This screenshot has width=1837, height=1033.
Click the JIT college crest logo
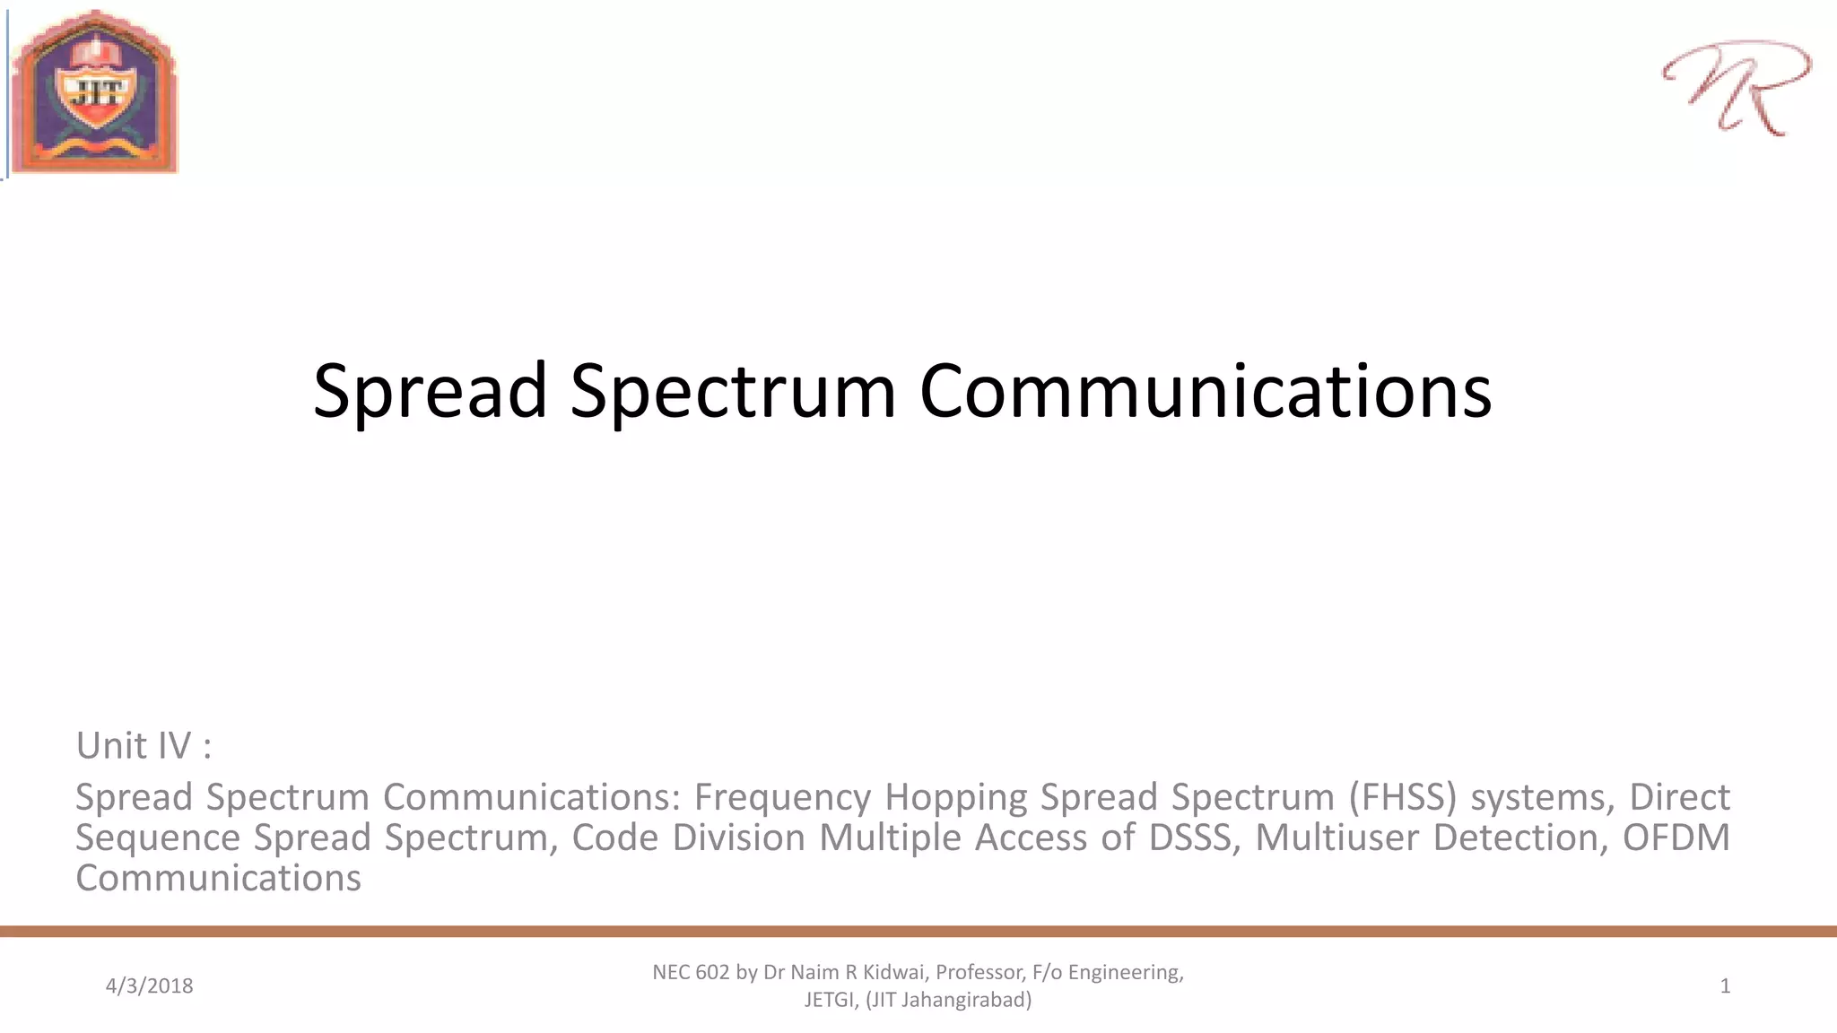(94, 91)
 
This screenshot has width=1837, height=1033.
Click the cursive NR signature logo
(1736, 87)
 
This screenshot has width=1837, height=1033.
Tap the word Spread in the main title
(430, 391)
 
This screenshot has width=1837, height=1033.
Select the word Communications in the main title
(1206, 391)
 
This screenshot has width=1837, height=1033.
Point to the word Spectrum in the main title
(733, 391)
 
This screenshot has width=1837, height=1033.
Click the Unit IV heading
(144, 745)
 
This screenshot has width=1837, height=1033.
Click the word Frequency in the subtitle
(782, 796)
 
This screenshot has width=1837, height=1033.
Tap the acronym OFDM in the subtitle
(1676, 837)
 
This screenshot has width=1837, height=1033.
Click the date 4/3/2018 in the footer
(149, 985)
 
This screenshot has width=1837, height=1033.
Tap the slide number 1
(1725, 985)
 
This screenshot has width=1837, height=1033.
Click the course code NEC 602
(691, 972)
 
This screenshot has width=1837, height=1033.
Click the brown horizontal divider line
(918, 932)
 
